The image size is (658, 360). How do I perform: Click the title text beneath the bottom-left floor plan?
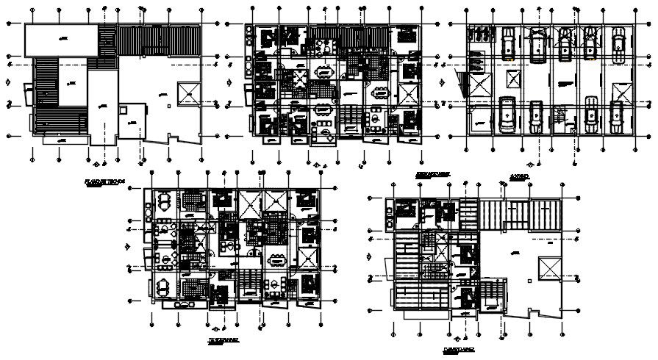pos(222,341)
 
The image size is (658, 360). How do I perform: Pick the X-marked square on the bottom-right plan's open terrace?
pos(548,268)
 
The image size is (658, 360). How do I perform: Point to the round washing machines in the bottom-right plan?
pos(389,215)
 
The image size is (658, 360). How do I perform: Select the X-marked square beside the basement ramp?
pos(479,85)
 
